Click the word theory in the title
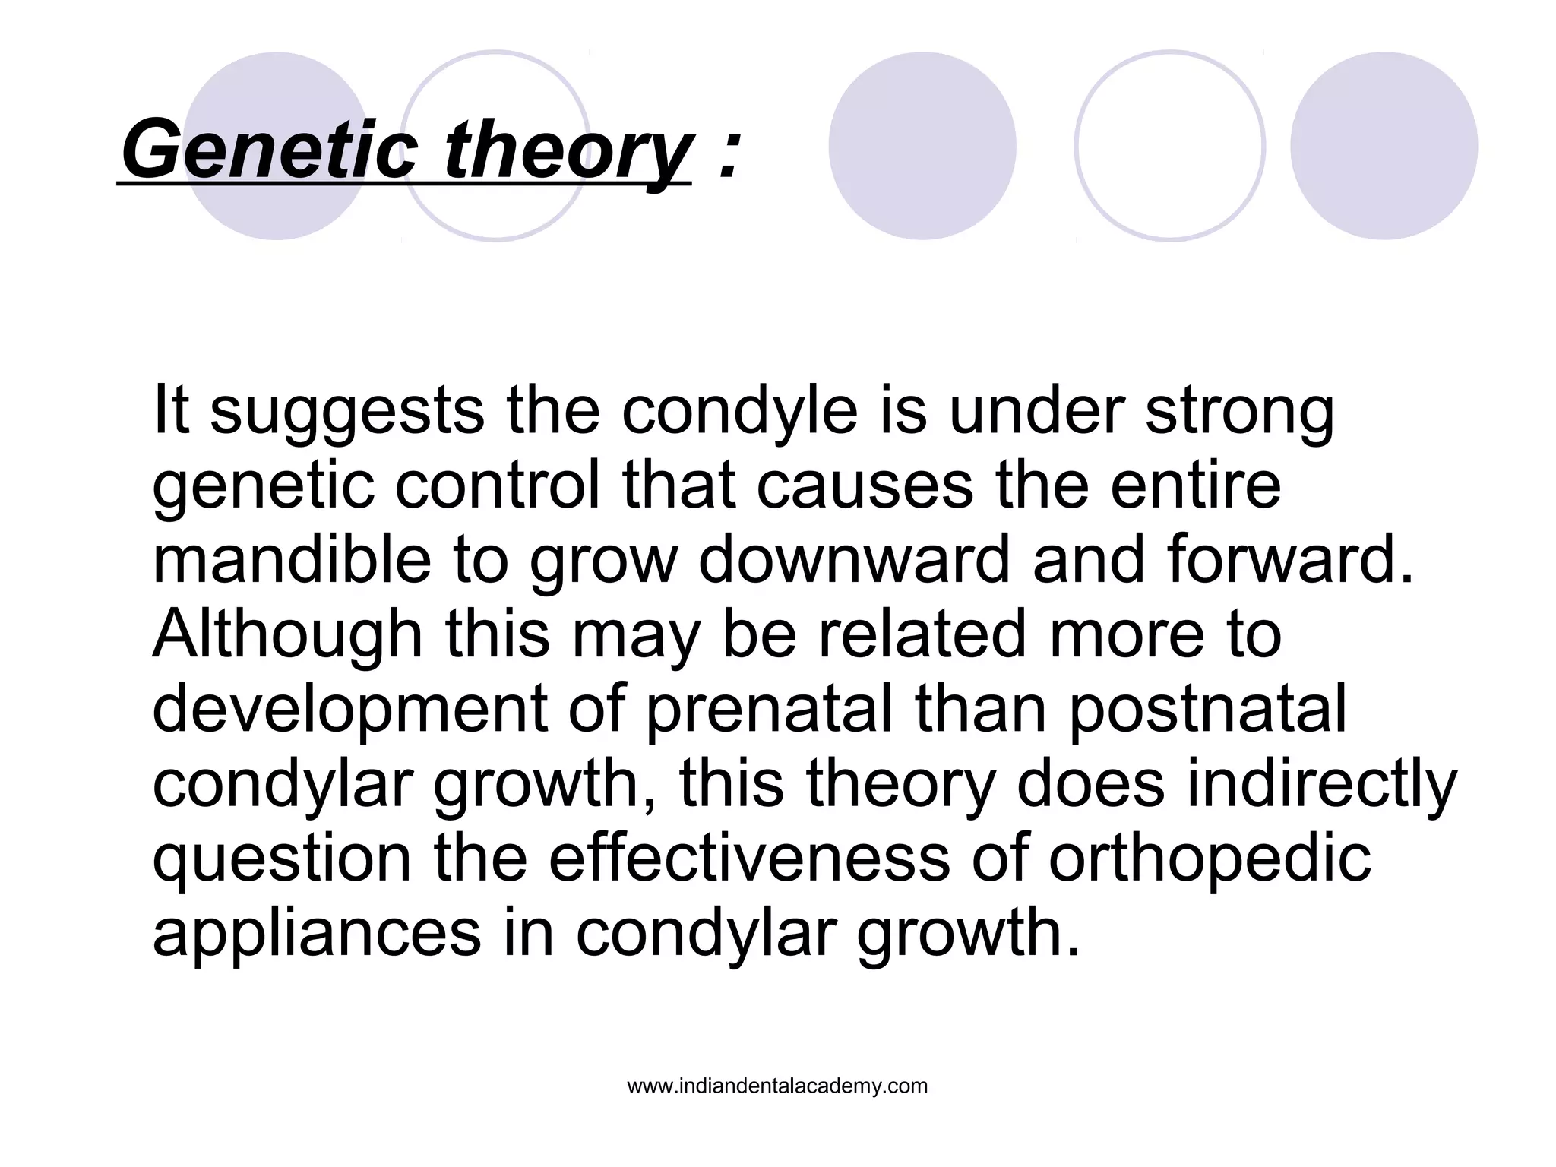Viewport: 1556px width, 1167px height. tap(566, 149)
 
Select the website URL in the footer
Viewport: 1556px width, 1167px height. tap(777, 1086)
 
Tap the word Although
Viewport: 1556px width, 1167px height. tap(287, 634)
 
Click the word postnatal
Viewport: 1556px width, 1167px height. tap(1208, 709)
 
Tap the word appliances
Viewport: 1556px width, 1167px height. tap(317, 933)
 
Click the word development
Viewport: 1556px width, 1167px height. tap(350, 709)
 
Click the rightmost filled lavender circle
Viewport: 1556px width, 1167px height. tap(1384, 146)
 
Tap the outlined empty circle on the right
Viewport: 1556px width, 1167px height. tap(1169, 146)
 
